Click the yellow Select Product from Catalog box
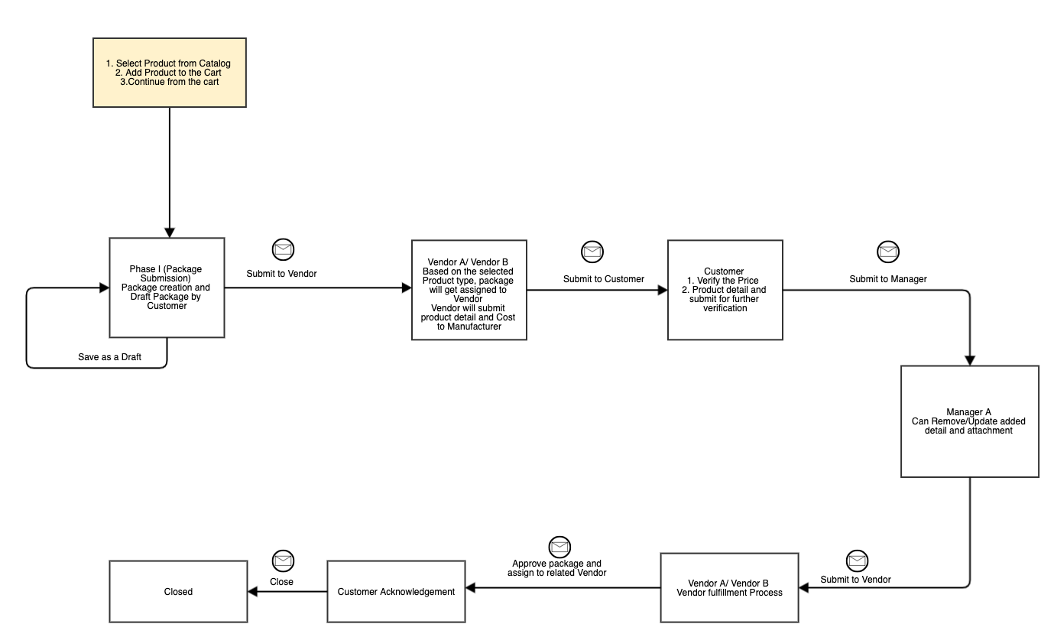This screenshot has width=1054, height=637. coord(169,73)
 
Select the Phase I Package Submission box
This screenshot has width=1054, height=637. coord(167,288)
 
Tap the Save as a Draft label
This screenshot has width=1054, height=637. coord(109,357)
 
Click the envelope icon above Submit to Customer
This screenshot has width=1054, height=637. coord(592,251)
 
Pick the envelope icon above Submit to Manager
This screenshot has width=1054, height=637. coord(888,251)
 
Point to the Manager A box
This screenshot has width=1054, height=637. coord(969,421)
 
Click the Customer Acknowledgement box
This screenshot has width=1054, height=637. coord(396,591)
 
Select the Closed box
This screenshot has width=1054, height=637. coord(178,591)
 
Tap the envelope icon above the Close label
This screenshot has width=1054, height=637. coord(284,561)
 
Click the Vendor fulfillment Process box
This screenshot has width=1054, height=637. coord(729,587)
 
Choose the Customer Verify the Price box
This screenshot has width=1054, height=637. coord(725,290)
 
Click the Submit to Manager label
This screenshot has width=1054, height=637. coord(888,279)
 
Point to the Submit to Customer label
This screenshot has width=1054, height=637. coord(604,279)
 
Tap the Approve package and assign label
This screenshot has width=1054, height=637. coord(559,568)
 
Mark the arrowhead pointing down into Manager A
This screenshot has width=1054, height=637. coord(970,360)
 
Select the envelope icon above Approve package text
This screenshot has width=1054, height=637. coord(559,546)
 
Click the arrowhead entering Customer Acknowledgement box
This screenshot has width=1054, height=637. coord(470,587)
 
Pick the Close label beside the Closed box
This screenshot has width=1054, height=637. coord(281,581)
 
